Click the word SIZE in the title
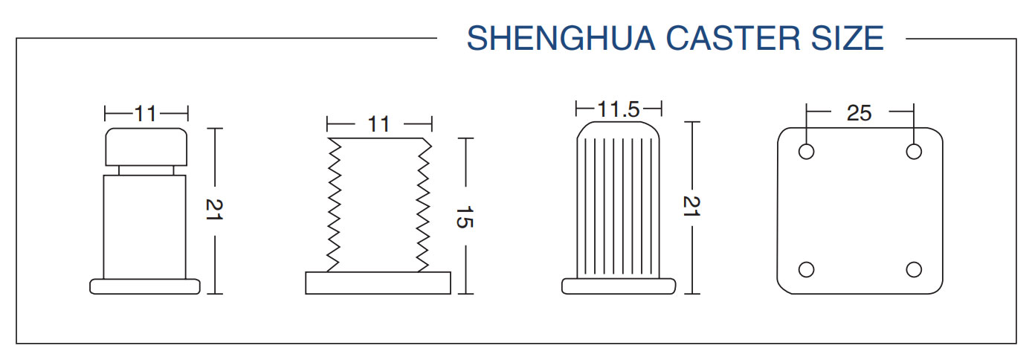pos(851,38)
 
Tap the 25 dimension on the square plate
pos(859,113)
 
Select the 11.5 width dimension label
pos(618,109)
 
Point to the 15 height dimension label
pos(464,216)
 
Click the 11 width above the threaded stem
pos(378,123)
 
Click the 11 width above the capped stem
pos(146,114)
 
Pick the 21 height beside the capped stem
pos(214,210)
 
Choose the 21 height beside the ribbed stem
pos(692,208)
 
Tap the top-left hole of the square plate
pos(806,152)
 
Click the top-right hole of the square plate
pos(914,152)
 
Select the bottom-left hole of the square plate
pos(806,269)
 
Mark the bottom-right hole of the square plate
pos(914,269)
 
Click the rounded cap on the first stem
pos(146,147)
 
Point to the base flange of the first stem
pos(145,286)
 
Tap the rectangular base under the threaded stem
pos(378,283)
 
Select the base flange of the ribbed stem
pos(618,286)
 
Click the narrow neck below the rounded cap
pos(146,170)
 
